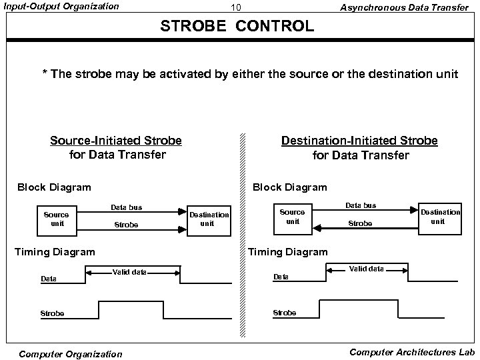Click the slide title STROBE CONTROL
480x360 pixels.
click(x=236, y=27)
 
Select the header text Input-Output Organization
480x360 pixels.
click(x=62, y=7)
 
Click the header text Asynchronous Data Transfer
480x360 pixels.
click(x=404, y=7)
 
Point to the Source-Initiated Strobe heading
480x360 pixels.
click(x=116, y=141)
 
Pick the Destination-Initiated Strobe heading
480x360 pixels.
click(x=359, y=141)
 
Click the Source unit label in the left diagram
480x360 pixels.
click(x=56, y=219)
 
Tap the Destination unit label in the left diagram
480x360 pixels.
click(x=208, y=219)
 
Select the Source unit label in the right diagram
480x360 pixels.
click(x=292, y=217)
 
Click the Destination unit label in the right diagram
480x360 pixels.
click(x=440, y=216)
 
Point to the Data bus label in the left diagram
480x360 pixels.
click(x=126, y=208)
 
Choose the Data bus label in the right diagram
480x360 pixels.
click(x=360, y=205)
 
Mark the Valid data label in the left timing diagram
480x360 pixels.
click(x=129, y=272)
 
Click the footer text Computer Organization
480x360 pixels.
click(x=71, y=354)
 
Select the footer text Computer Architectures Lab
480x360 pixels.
click(x=411, y=351)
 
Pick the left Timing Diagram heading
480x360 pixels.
click(x=55, y=251)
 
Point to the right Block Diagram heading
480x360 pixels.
click(x=289, y=187)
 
